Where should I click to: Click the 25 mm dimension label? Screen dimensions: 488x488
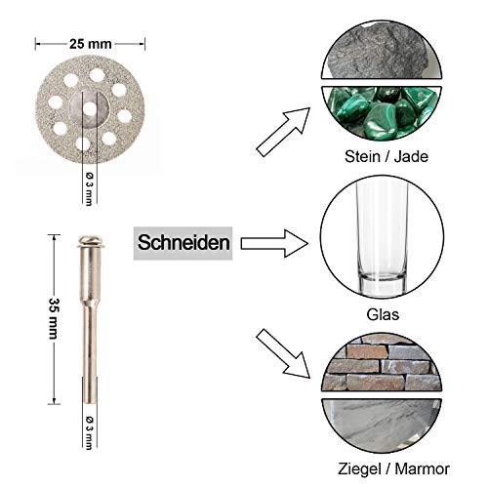point(90,43)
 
